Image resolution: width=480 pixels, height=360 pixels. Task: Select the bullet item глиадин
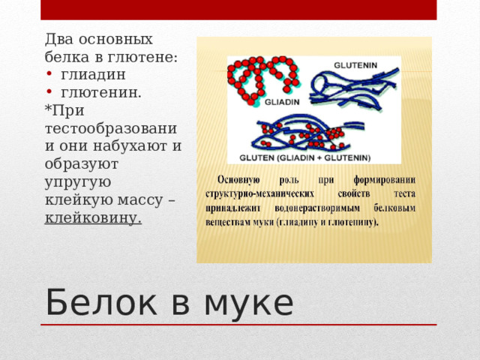(93, 74)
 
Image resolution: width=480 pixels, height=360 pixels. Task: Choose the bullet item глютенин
(101, 92)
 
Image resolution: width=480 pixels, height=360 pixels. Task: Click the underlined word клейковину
(93, 217)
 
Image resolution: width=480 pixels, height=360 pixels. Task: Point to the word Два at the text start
(58, 38)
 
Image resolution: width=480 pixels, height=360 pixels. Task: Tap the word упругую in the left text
(78, 181)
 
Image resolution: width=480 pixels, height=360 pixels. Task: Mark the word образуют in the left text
(83, 163)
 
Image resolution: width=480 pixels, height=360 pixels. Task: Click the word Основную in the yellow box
(243, 180)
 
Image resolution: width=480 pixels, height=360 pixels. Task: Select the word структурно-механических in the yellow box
(255, 193)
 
